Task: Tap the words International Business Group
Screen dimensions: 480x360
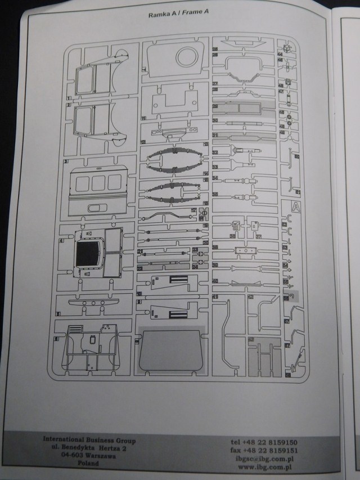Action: (x=89, y=440)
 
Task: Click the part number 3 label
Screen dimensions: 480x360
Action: (x=66, y=161)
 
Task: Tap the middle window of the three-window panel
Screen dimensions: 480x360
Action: (x=98, y=181)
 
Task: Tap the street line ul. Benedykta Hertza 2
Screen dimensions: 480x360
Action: (x=89, y=448)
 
